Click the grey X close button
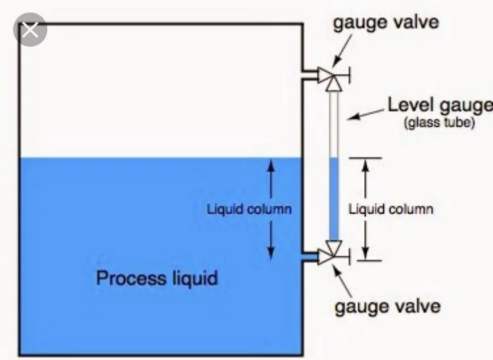(30, 30)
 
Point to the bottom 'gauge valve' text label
(387, 306)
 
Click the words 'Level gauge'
(439, 105)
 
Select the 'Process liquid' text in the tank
(156, 278)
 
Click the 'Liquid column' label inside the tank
(249, 210)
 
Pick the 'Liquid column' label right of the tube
(390, 210)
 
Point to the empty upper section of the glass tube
(333, 125)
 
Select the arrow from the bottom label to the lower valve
(342, 279)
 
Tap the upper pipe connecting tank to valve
(310, 76)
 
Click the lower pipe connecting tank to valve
(310, 255)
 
